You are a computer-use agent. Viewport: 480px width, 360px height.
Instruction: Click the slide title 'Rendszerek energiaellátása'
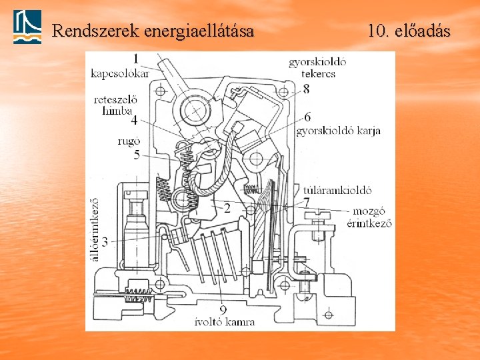click(x=153, y=31)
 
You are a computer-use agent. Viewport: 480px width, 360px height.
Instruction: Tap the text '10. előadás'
click(x=408, y=31)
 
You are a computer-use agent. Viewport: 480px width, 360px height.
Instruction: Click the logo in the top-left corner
click(x=27, y=27)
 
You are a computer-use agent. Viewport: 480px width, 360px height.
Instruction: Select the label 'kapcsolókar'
click(x=119, y=72)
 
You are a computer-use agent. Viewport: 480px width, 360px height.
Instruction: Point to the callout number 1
click(x=135, y=59)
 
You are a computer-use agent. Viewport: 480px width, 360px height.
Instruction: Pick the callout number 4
click(x=134, y=121)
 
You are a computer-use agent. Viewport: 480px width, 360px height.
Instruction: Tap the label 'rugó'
click(x=129, y=141)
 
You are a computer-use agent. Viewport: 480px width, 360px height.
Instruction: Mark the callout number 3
click(x=105, y=240)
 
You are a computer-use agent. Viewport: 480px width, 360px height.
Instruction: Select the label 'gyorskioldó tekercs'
click(x=317, y=68)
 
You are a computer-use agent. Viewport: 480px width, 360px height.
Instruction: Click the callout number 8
click(x=306, y=89)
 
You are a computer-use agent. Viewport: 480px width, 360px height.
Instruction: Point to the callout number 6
click(x=307, y=117)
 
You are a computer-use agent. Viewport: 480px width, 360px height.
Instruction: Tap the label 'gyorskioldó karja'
click(x=339, y=131)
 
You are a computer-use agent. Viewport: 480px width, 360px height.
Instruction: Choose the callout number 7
click(x=306, y=201)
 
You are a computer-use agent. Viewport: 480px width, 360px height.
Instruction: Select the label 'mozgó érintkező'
click(x=369, y=217)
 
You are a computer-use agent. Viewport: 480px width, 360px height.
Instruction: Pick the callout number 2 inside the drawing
click(x=227, y=208)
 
